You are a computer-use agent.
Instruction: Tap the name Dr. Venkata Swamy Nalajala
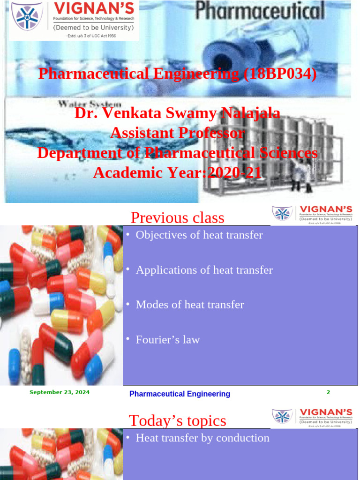(x=177, y=113)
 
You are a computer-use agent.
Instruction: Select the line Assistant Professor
(x=177, y=133)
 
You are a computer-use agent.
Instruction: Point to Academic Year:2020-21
(x=177, y=172)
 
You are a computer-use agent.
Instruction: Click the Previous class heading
(x=177, y=217)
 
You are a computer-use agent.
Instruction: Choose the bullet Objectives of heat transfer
(x=199, y=235)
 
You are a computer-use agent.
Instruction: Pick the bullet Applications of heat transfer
(x=204, y=270)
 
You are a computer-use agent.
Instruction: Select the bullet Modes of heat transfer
(x=190, y=305)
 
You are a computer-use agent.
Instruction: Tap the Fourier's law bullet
(x=167, y=340)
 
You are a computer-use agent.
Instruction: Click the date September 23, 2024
(x=60, y=392)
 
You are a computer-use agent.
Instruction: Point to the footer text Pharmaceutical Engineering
(x=180, y=394)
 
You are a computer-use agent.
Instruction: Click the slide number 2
(x=328, y=392)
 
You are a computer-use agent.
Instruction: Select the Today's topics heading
(x=177, y=420)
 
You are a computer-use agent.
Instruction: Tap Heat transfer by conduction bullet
(x=202, y=438)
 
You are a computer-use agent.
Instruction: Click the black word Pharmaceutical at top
(x=260, y=11)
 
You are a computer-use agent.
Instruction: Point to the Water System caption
(x=90, y=104)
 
